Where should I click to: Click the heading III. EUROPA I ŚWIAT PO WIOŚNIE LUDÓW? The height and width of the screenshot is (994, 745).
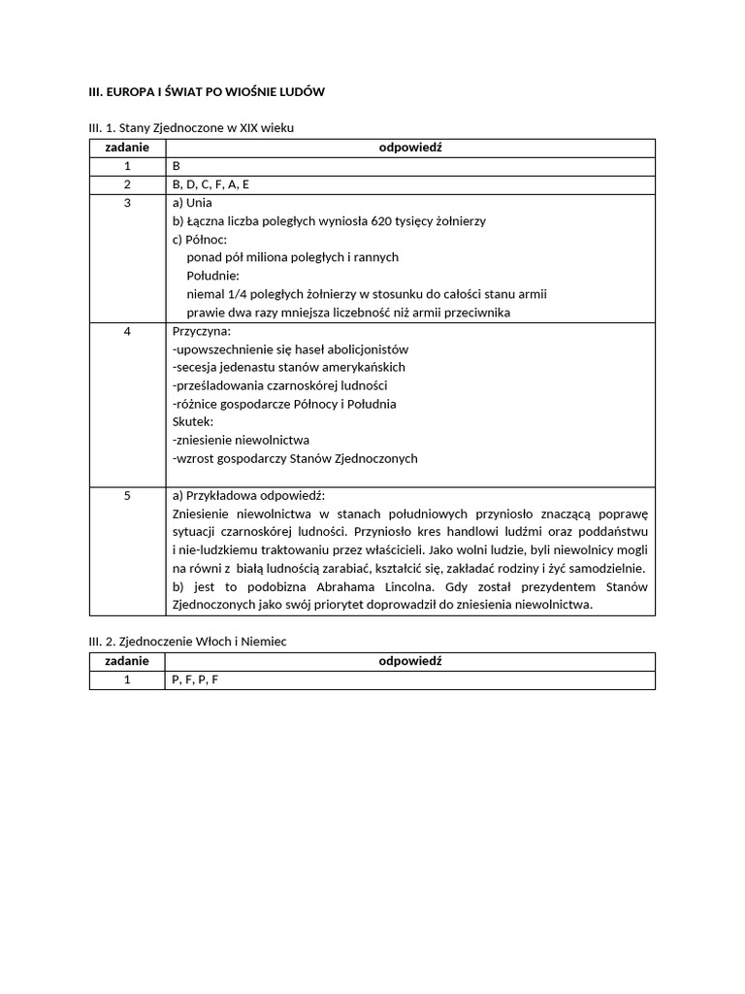coord(207,91)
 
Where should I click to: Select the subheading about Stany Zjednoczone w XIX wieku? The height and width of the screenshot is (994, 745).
coord(198,127)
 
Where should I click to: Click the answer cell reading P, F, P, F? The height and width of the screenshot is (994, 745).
coord(195,679)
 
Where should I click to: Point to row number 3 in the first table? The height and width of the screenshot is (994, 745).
coord(127,203)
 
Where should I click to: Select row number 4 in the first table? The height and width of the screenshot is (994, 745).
coord(127,331)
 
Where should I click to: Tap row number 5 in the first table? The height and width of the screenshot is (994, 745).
coord(127,495)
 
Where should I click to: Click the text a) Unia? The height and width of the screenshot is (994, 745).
coord(192,203)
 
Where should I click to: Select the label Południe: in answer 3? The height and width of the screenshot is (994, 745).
coord(212,276)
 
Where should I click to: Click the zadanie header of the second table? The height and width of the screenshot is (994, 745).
coord(127,661)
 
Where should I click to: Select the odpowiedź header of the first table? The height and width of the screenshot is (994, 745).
coord(409,148)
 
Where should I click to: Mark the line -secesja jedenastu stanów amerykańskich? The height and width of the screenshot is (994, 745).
coord(288,367)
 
